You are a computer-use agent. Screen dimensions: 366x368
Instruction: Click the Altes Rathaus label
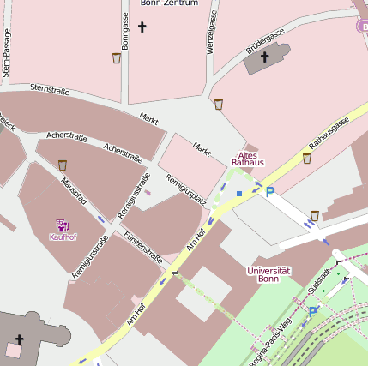tap(249, 158)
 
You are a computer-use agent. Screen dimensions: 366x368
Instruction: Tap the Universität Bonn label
tap(268, 274)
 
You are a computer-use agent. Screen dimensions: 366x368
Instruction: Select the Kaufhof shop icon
tap(63, 225)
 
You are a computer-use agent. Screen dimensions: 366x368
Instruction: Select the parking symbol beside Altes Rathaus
tap(270, 193)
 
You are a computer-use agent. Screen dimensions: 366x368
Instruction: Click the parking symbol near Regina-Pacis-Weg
tap(313, 312)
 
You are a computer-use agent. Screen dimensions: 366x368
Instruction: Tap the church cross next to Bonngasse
tap(142, 27)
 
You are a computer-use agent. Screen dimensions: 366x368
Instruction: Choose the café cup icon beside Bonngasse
tap(117, 58)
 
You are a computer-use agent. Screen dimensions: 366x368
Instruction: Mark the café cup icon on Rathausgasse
tap(307, 158)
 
